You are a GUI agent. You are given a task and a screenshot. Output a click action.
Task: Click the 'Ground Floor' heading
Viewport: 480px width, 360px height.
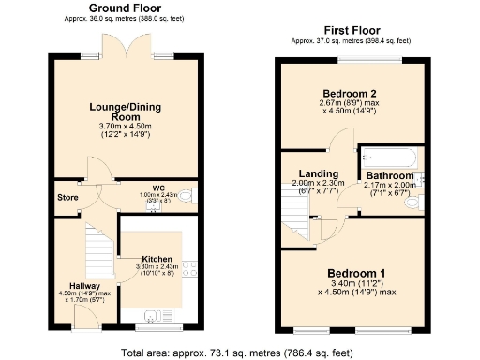(122, 7)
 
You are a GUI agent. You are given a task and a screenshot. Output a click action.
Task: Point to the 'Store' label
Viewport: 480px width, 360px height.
(67, 198)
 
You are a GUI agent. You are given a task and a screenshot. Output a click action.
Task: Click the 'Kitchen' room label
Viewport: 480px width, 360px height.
(157, 258)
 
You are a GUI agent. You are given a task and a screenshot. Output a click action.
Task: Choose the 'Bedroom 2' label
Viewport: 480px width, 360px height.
(351, 94)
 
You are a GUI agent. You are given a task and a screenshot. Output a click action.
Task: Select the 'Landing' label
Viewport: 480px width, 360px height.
(318, 173)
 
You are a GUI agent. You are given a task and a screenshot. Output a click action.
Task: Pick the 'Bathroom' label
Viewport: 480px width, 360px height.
(389, 175)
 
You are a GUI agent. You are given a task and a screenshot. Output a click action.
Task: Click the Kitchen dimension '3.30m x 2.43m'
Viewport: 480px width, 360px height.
(157, 268)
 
